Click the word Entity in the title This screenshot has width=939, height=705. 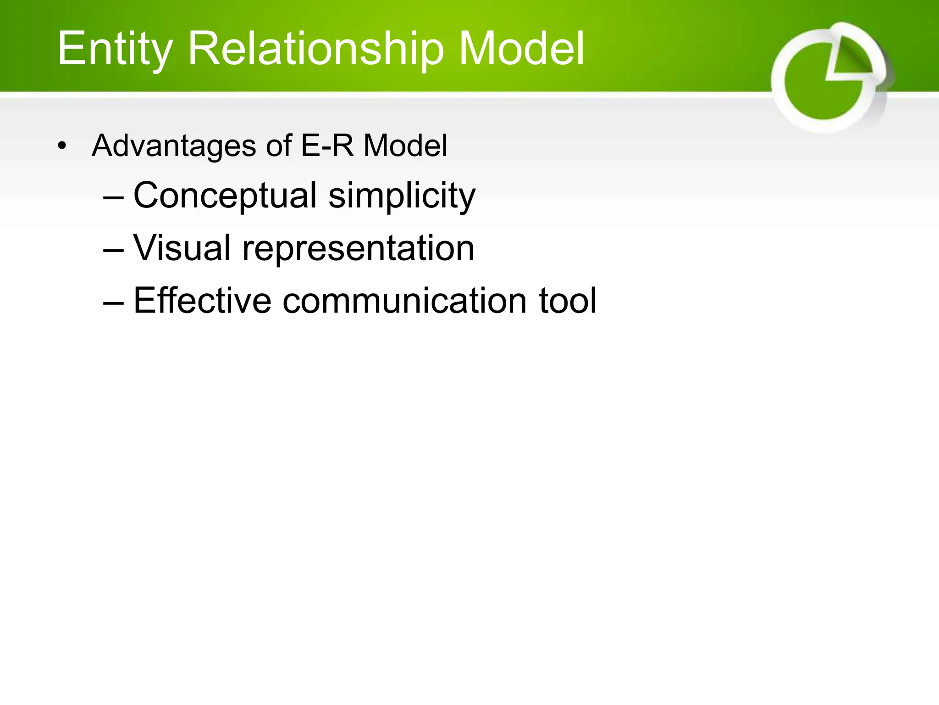coord(115,49)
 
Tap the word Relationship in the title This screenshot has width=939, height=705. coord(316,49)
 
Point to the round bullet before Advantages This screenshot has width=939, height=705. coord(62,146)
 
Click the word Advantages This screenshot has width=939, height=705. coord(174,146)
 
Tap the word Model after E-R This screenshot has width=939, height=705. coord(405,146)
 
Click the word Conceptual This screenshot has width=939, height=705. coord(225,196)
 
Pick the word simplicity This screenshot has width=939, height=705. coord(402,196)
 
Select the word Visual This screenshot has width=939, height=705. coord(182,248)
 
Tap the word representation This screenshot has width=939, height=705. coord(358,248)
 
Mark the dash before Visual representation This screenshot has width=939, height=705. coord(113,250)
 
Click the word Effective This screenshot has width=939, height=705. coord(202,301)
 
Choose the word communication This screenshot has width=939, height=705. coord(404,301)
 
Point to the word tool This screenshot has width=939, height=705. coord(568,301)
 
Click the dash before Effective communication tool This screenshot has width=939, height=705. coord(113,303)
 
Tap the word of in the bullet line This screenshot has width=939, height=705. coord(278,146)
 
